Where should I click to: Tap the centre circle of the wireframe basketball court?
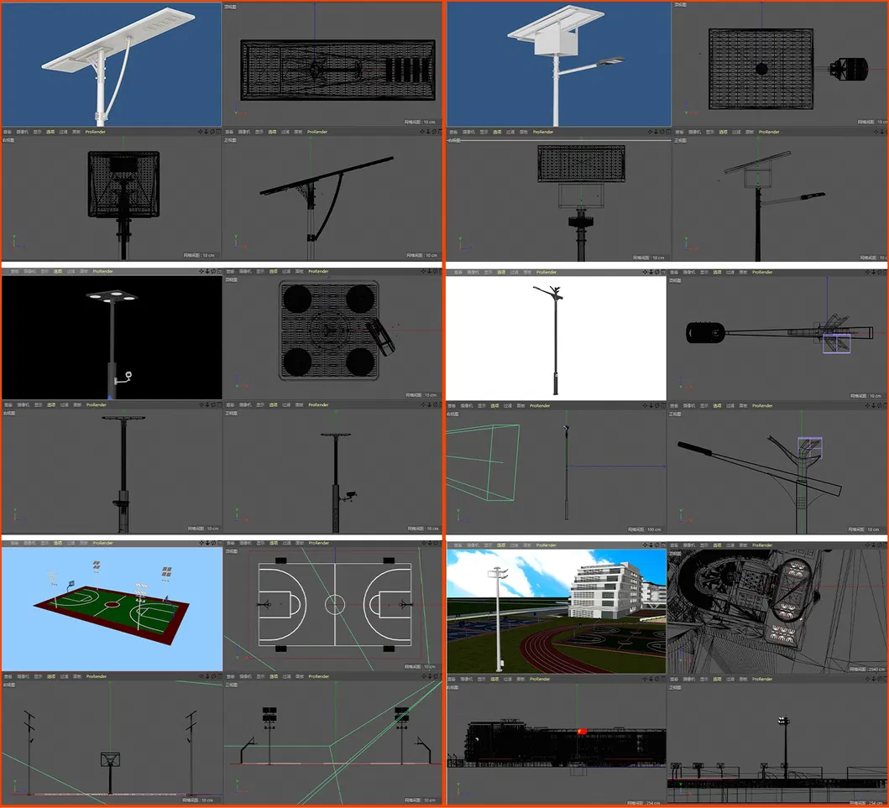click(x=335, y=602)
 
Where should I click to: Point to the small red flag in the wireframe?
click(x=580, y=732)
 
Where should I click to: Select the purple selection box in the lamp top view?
click(x=835, y=342)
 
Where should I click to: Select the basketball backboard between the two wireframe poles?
click(x=109, y=758)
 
